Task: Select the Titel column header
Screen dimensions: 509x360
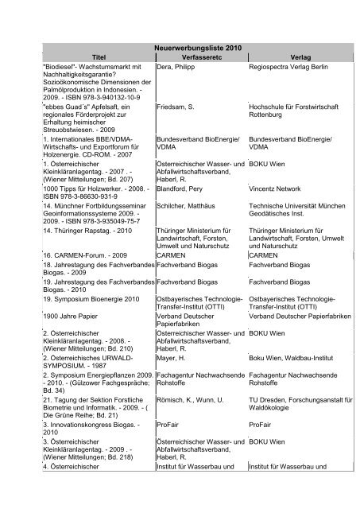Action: [x=99, y=57]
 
